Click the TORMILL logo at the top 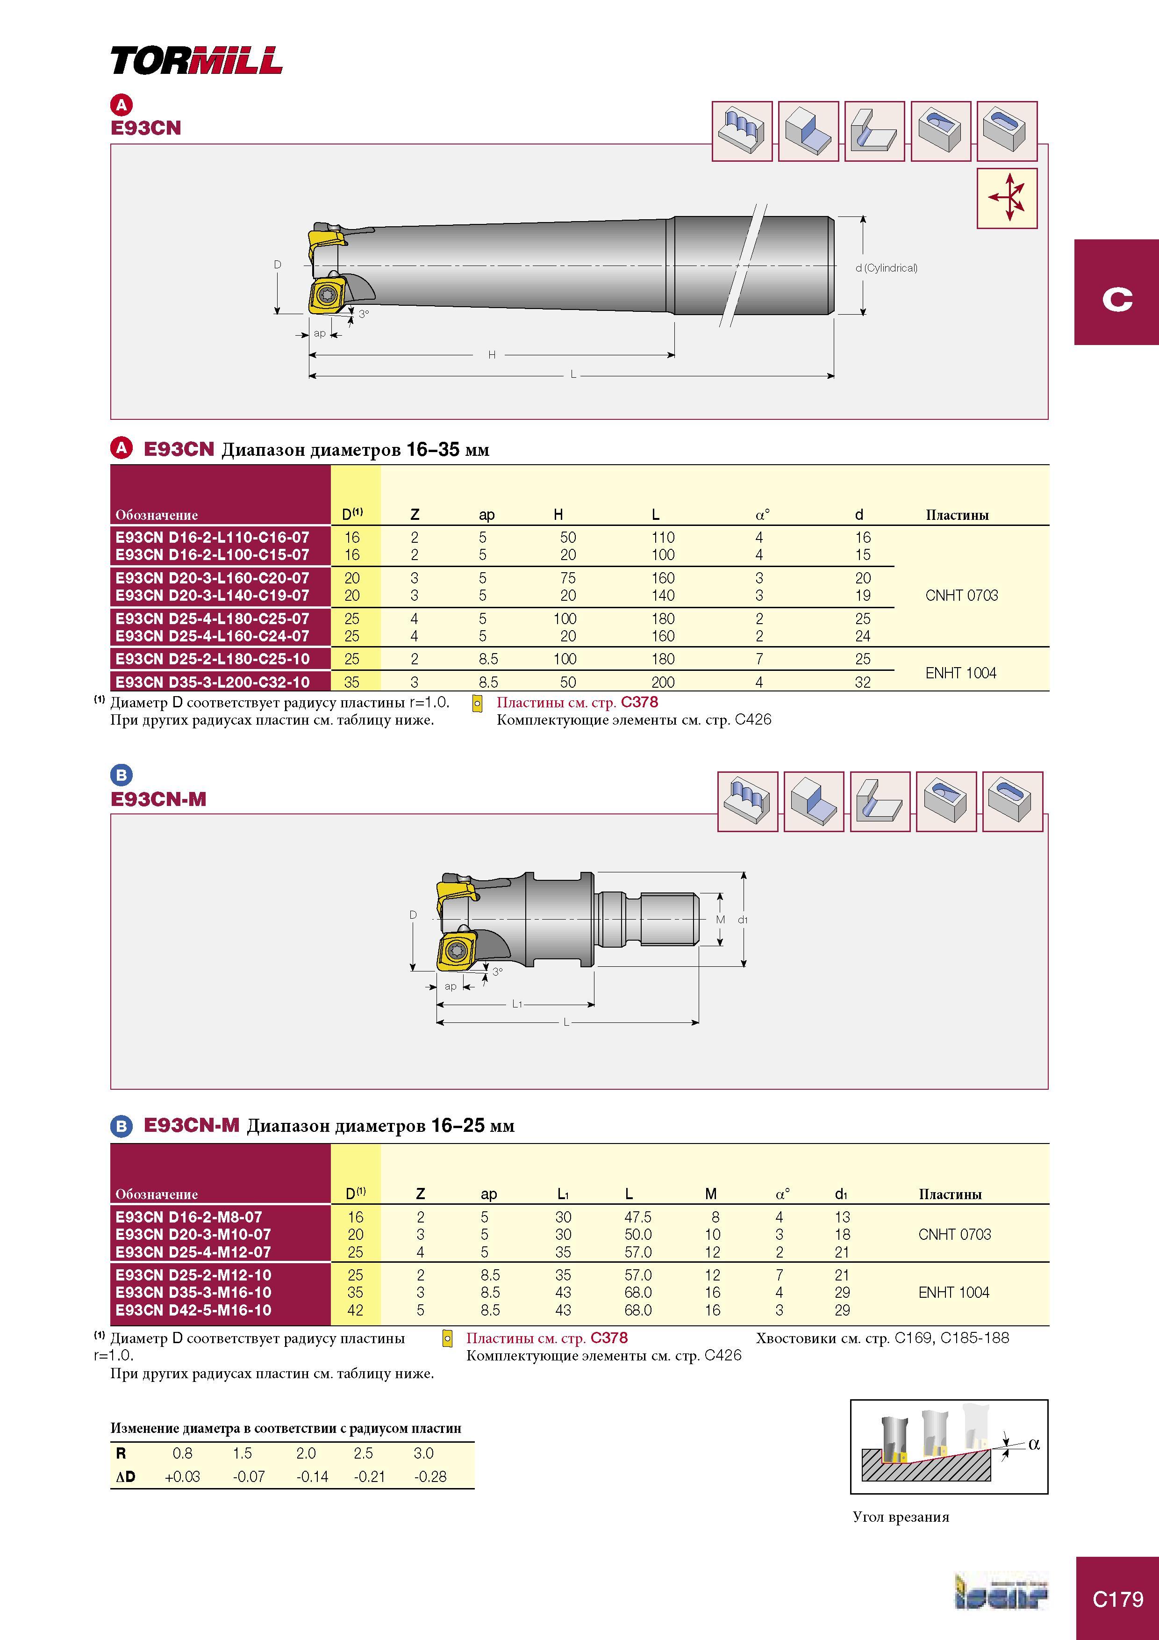(x=196, y=61)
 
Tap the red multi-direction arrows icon (x=1007, y=198)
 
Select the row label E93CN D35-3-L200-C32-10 (x=213, y=682)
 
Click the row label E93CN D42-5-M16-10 (x=193, y=1310)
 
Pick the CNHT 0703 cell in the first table (x=961, y=595)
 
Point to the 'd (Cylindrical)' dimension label (x=886, y=268)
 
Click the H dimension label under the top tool (x=491, y=354)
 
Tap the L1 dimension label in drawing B (x=517, y=1004)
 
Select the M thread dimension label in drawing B (x=721, y=919)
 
